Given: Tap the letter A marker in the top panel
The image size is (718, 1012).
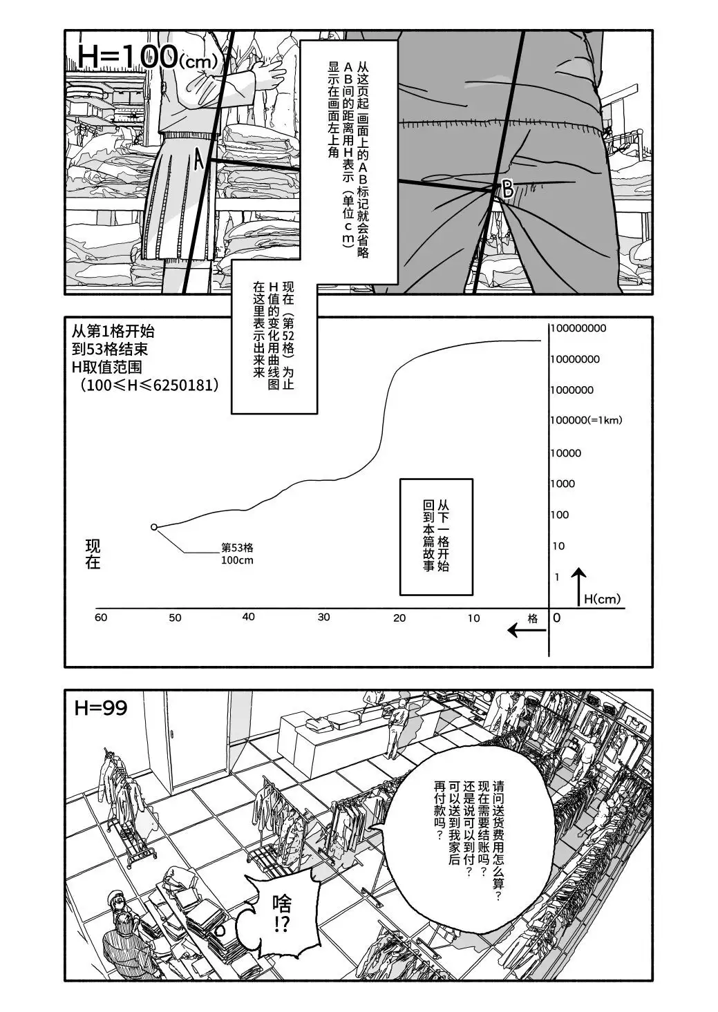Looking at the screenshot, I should (x=199, y=161).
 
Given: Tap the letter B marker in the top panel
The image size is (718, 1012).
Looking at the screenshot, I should (x=508, y=189).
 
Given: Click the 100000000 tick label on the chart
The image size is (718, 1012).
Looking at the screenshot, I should (x=578, y=328).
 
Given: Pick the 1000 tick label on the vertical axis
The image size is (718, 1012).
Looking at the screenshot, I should (x=563, y=484).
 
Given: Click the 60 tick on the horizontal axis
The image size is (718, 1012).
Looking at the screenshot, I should (x=101, y=617).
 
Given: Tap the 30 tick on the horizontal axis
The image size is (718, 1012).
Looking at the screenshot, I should (x=323, y=617).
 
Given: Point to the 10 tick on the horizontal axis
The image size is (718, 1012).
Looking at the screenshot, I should (x=473, y=618).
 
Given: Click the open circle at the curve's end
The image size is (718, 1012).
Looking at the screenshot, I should (x=154, y=527).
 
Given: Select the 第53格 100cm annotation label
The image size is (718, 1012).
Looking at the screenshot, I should (x=237, y=553).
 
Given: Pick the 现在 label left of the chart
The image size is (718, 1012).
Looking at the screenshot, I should (x=93, y=553).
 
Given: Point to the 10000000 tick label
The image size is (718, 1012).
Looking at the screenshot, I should (x=575, y=359).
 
